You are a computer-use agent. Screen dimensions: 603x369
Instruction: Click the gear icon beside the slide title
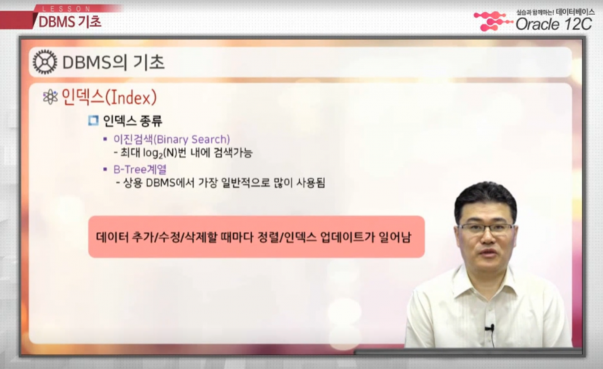[45, 62]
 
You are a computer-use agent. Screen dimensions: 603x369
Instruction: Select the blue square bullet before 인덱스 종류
[93, 120]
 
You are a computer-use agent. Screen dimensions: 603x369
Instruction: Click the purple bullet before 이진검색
[105, 139]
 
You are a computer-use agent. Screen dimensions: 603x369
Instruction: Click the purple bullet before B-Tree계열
[105, 170]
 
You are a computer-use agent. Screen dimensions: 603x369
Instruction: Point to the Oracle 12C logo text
[553, 24]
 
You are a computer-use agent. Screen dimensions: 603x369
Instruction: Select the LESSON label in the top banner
[66, 9]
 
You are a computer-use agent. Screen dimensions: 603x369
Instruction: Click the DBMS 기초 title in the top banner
[70, 22]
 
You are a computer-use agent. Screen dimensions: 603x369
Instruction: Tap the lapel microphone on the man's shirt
[490, 328]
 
